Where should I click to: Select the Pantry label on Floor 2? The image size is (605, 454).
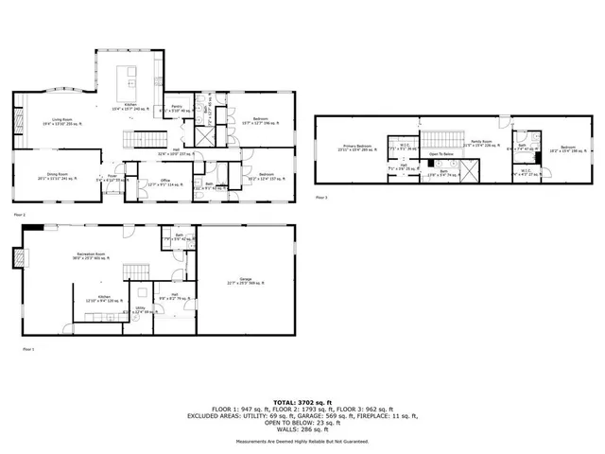[x=176, y=110]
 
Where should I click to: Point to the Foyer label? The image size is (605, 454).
[x=112, y=177]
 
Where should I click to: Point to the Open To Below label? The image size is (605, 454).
[x=441, y=154]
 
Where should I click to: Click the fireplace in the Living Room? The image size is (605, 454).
[x=18, y=121]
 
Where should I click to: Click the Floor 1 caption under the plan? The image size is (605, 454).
[x=27, y=349]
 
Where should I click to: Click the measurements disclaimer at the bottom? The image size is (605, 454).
[x=302, y=439]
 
